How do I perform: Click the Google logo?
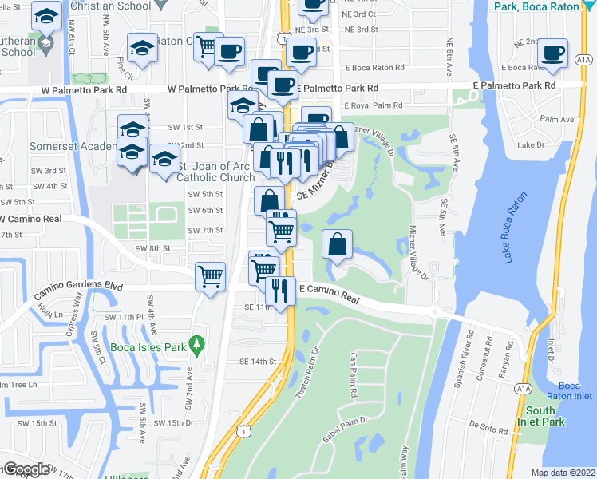[x=26, y=469]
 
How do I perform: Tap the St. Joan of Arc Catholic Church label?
[x=215, y=172]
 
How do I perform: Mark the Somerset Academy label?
[x=62, y=147]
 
